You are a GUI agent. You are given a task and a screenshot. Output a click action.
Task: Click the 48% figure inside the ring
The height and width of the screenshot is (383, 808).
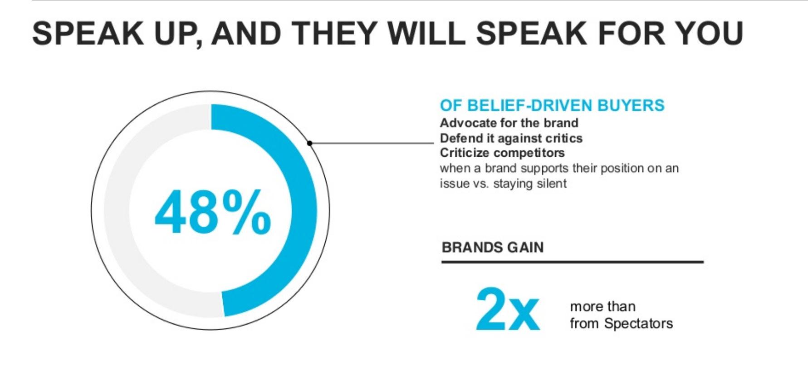pos(213,212)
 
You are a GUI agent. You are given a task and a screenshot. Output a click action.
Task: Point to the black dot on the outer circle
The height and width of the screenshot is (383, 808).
pos(310,143)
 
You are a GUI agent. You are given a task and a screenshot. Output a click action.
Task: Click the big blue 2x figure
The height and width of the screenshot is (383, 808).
pos(508,308)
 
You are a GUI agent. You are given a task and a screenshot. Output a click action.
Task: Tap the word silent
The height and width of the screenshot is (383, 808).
pos(552,184)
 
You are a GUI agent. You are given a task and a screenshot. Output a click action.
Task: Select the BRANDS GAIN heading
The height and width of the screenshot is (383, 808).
pos(493,248)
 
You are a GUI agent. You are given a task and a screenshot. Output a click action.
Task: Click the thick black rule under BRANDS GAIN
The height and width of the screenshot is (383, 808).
pos(573,262)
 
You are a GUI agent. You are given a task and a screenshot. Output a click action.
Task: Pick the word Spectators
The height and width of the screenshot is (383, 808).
pos(638,323)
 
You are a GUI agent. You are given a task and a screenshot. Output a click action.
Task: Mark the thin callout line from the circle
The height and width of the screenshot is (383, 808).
pos(372,143)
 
